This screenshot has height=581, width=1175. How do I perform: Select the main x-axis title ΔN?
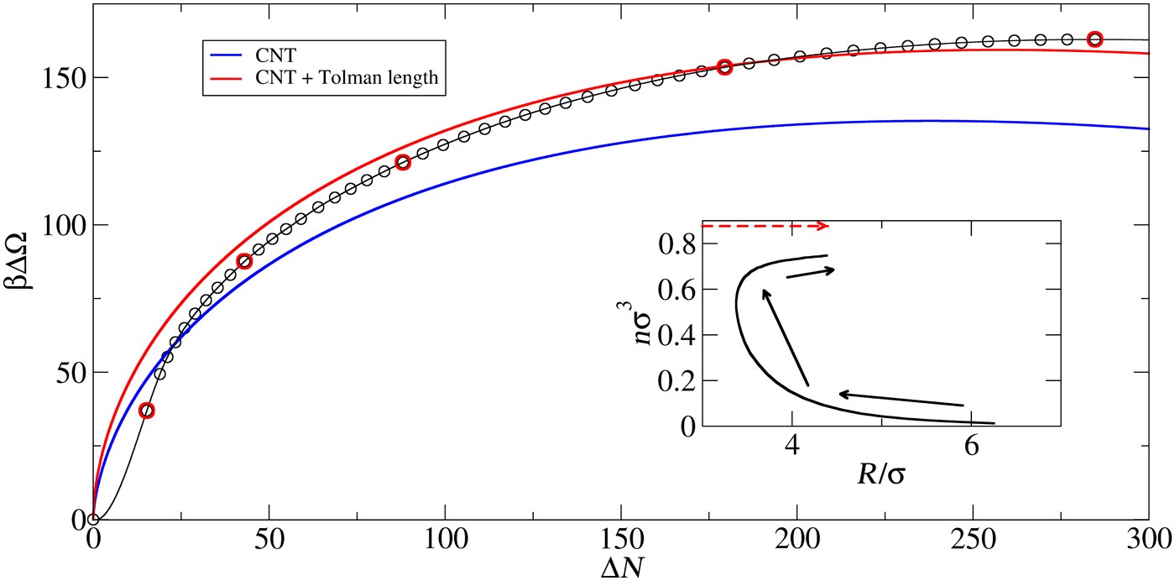(622, 566)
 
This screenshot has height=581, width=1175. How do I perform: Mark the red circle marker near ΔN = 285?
(1094, 39)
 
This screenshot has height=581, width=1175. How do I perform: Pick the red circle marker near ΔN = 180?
(725, 67)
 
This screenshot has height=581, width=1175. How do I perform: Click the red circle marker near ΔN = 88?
(403, 162)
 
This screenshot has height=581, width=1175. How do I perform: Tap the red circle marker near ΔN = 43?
(244, 261)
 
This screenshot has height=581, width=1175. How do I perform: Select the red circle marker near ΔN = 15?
(147, 411)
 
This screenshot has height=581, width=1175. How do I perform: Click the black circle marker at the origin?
(93, 520)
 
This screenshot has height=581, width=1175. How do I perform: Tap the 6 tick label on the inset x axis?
(971, 445)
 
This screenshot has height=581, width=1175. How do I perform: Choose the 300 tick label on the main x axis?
(1147, 537)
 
